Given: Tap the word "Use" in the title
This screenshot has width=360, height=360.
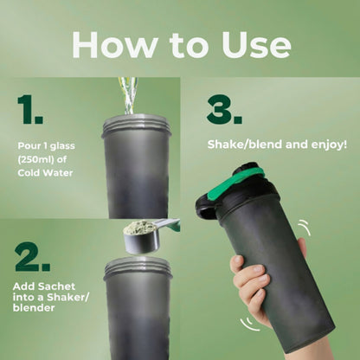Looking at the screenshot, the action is point(256,45).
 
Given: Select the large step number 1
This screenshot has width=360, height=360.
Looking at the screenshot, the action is point(30,110).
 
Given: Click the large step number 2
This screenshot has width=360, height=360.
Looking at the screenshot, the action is point(32,257).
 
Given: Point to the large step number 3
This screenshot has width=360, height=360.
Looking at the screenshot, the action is point(224,110).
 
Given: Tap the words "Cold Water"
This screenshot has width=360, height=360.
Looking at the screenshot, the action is point(45,173).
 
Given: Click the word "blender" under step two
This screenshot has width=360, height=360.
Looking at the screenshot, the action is point(34,308).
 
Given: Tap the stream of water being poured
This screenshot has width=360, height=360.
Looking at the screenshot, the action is point(128,96).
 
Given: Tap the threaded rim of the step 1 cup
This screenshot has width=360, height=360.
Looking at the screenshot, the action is point(137,125).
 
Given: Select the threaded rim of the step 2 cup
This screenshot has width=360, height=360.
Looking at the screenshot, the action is point(138,267).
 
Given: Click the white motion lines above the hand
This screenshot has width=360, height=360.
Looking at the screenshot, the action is point(305,228).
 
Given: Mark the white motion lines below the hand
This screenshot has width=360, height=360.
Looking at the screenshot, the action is point(249,325).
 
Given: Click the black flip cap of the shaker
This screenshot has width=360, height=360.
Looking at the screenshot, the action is point(209,206).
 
